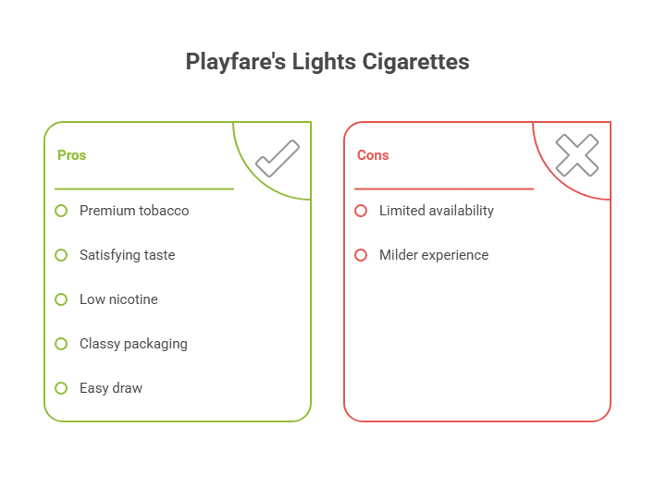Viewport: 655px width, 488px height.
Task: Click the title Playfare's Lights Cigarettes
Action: (x=327, y=62)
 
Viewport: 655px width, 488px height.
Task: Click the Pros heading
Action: (x=71, y=155)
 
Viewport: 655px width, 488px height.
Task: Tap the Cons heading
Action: (x=373, y=155)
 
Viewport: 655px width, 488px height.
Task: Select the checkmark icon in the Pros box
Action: (x=277, y=158)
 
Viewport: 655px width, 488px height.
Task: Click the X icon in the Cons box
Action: (x=576, y=156)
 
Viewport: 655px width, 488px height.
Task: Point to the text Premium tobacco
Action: (x=134, y=211)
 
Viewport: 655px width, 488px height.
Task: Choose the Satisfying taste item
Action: (x=127, y=255)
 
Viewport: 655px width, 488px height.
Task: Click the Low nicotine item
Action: (x=118, y=299)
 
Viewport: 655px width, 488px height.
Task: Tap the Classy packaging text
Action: (x=133, y=344)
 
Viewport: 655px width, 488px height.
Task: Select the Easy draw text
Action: (x=111, y=388)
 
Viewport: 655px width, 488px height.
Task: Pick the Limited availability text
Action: (x=436, y=211)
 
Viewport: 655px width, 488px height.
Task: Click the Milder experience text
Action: (x=433, y=255)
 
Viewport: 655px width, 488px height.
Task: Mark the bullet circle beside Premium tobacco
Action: (x=61, y=211)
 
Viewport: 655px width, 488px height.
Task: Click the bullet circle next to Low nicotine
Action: (x=61, y=299)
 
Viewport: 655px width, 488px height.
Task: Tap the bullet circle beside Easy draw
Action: (x=61, y=388)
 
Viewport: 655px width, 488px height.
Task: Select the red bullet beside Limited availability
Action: (x=361, y=211)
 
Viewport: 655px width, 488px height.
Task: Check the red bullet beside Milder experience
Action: (x=361, y=255)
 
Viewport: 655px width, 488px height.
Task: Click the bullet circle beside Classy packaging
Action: (x=61, y=344)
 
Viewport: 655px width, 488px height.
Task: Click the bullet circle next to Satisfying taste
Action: (x=61, y=255)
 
